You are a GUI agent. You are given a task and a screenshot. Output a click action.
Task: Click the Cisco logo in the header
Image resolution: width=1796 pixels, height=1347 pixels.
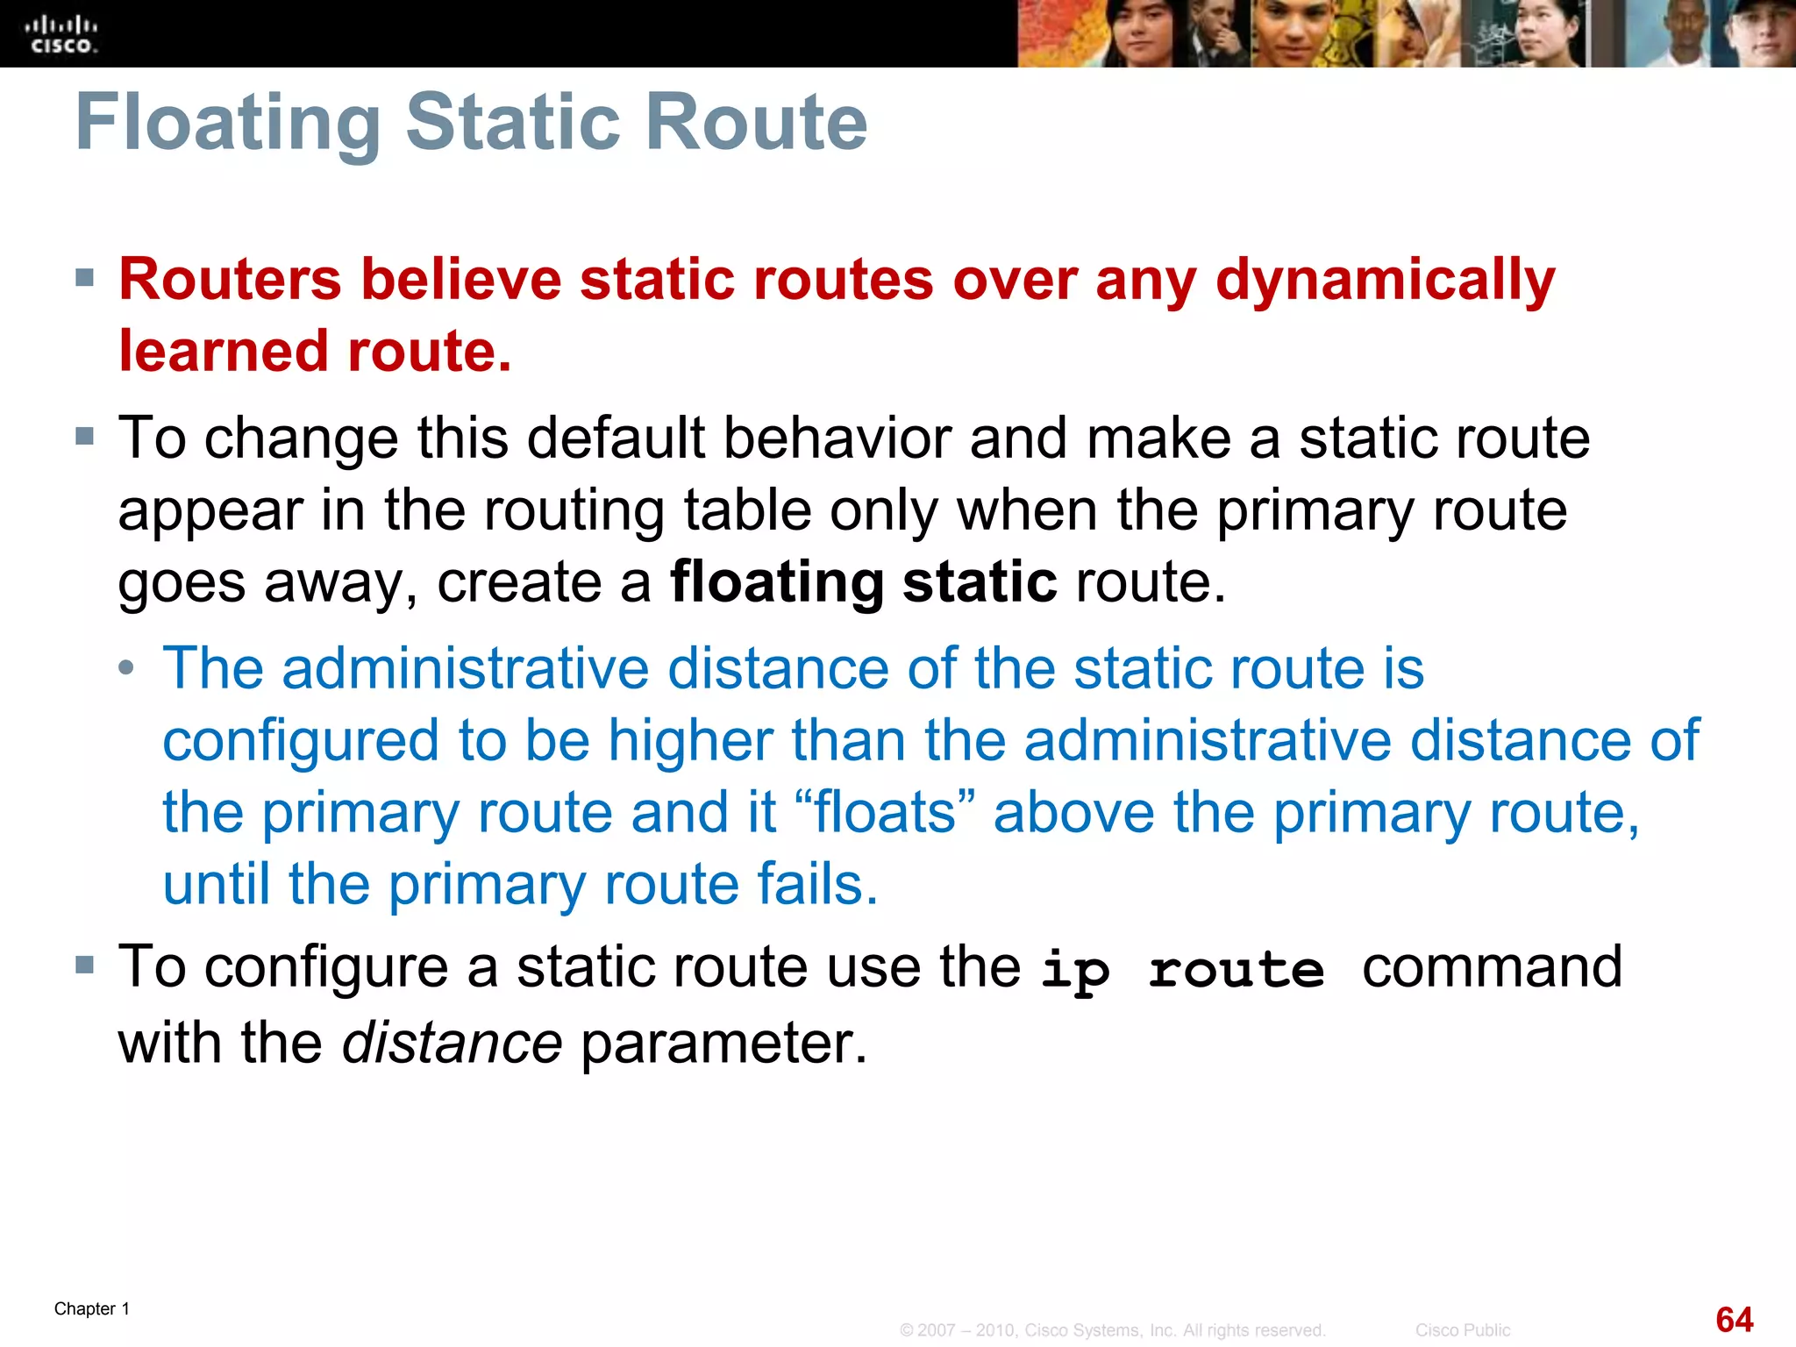(61, 35)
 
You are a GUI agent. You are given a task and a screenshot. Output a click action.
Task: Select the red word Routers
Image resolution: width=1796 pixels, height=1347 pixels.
(230, 280)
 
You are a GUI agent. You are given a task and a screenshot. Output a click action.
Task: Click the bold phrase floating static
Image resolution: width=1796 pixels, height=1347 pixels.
(863, 582)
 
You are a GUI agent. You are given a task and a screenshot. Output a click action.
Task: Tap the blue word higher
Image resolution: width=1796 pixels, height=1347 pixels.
(691, 741)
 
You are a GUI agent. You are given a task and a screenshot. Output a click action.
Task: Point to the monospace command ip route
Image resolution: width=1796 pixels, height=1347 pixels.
(1182, 971)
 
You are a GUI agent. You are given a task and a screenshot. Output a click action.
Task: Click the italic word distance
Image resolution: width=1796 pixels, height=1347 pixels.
(452, 1044)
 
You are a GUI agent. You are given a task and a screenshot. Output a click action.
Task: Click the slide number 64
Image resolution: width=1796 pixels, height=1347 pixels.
(1734, 1320)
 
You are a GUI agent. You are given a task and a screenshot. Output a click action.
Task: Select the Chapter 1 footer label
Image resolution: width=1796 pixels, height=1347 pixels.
(92, 1308)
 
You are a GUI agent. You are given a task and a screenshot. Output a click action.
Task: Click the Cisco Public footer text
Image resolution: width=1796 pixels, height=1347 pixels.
(1462, 1330)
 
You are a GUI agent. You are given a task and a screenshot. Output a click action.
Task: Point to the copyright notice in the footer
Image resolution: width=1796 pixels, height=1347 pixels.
(1112, 1330)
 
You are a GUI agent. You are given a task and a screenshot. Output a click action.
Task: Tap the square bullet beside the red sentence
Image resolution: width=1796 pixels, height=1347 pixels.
(85, 279)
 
